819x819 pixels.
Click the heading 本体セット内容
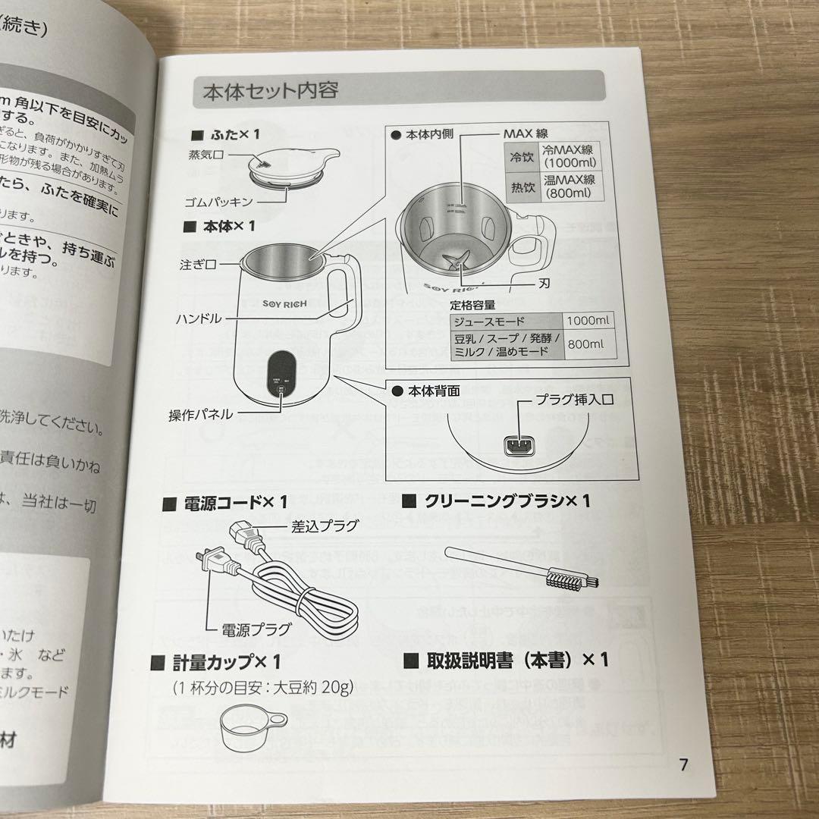coord(270,91)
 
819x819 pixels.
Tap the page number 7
coord(684,764)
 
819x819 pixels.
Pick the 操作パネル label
coord(200,414)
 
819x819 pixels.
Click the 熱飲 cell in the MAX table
coord(521,186)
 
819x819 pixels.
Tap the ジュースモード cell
coord(506,321)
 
